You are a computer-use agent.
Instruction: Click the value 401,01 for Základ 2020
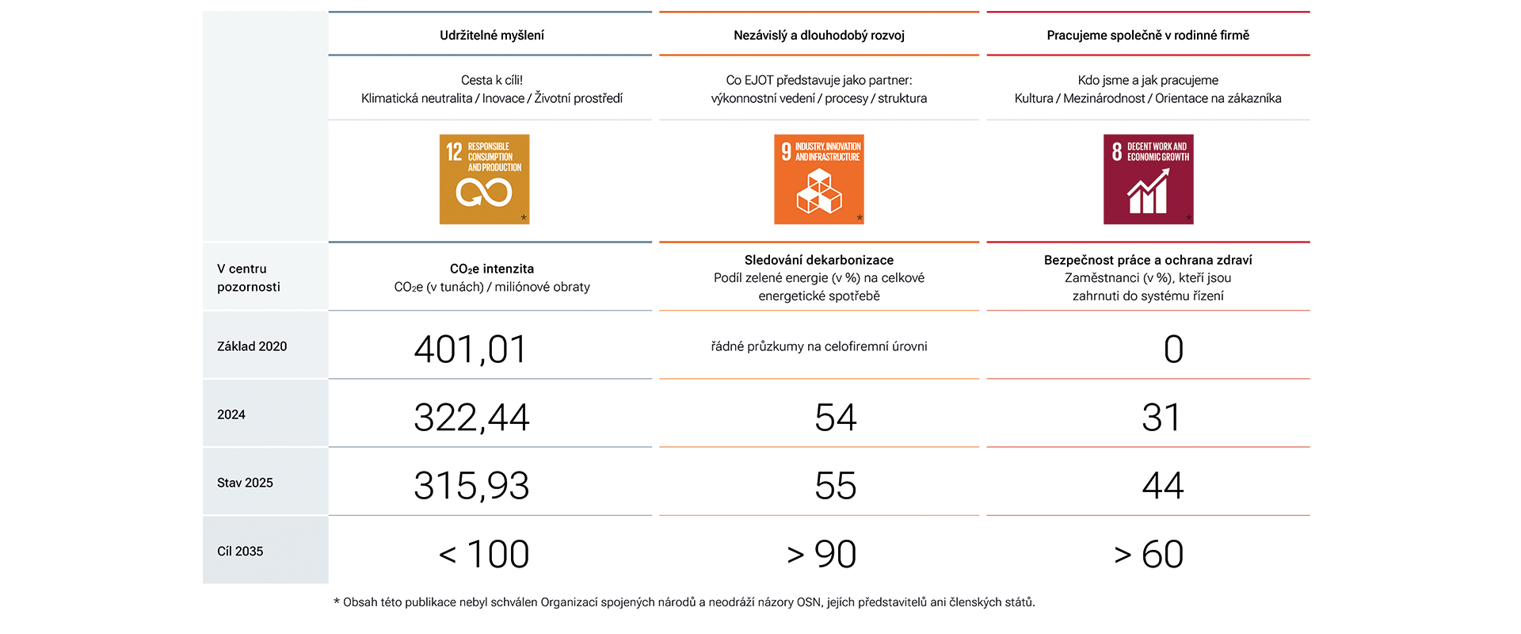[471, 349]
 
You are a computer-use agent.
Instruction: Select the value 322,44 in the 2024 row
[471, 418]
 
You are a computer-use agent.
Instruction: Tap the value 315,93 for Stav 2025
[471, 486]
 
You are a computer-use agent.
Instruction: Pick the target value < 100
[484, 554]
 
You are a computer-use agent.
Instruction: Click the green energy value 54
[836, 418]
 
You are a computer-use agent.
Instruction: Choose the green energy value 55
[836, 486]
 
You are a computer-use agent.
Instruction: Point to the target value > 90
[821, 554]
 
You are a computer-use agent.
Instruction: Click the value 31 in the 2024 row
[1161, 418]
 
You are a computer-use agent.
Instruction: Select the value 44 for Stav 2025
[1163, 486]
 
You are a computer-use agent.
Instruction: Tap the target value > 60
[1149, 554]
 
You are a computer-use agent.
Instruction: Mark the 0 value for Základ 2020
[1173, 349]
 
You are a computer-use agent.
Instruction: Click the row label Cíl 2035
[240, 551]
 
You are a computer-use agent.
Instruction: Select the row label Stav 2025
[245, 483]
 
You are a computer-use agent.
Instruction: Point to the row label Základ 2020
[252, 346]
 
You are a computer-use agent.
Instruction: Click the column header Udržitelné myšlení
[492, 36]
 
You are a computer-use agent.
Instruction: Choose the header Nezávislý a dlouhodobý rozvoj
[819, 36]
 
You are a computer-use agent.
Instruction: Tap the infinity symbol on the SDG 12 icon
[483, 193]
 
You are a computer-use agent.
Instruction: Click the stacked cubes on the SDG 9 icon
[819, 193]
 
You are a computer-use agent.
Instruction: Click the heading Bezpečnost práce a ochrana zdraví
[1148, 260]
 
